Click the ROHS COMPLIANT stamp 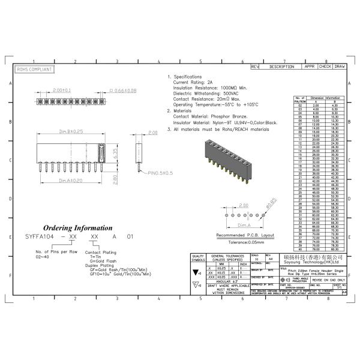tap(34, 70)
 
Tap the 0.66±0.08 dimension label tap(124, 90)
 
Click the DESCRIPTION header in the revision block tap(281, 67)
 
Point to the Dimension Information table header tap(325, 97)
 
